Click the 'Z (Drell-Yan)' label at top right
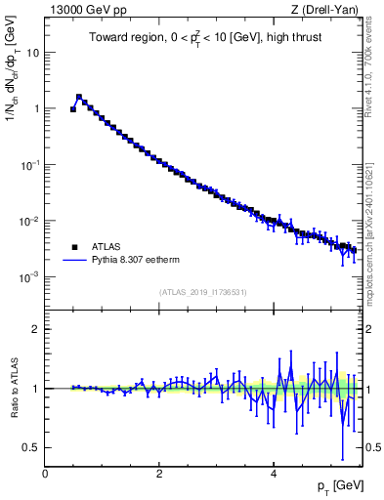326,10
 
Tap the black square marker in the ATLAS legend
75,247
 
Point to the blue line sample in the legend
75,261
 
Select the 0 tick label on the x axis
45,474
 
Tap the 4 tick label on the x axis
274,474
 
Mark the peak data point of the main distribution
79,98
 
